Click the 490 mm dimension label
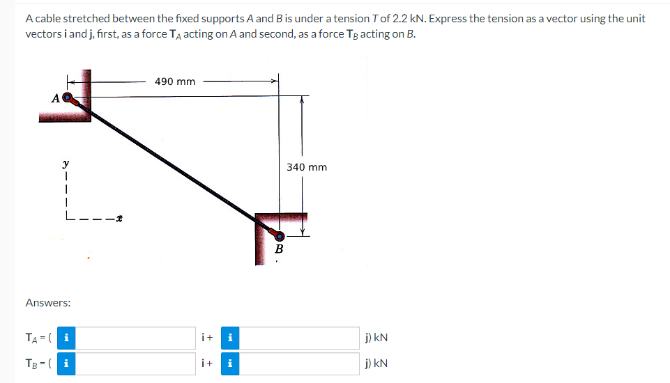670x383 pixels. coord(175,81)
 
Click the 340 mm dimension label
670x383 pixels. coord(307,167)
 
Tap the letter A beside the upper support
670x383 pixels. coord(55,98)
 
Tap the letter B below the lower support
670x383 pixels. coord(280,249)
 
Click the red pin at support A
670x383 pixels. coord(68,97)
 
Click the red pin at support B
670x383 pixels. coord(279,235)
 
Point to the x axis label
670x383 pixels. coord(120,219)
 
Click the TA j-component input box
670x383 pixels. coord(300,338)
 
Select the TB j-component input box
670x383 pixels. coord(300,363)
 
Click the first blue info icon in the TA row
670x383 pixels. coord(65,338)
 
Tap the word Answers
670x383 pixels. coord(47,303)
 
